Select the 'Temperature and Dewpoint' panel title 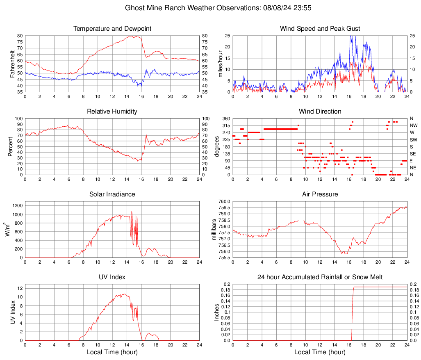click(112, 29)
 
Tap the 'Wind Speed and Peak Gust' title click(320, 29)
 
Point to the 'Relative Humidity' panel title click(112, 112)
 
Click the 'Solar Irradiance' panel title click(112, 194)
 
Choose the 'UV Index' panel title click(112, 277)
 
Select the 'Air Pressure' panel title click(320, 194)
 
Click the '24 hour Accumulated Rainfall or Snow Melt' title click(320, 277)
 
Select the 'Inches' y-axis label click(217, 312)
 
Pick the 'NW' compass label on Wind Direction click(413, 125)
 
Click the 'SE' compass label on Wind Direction click(413, 154)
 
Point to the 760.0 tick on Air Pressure click(224, 201)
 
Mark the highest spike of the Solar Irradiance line click(132, 212)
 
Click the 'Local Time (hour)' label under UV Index click(112, 352)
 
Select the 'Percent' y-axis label click(11, 146)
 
